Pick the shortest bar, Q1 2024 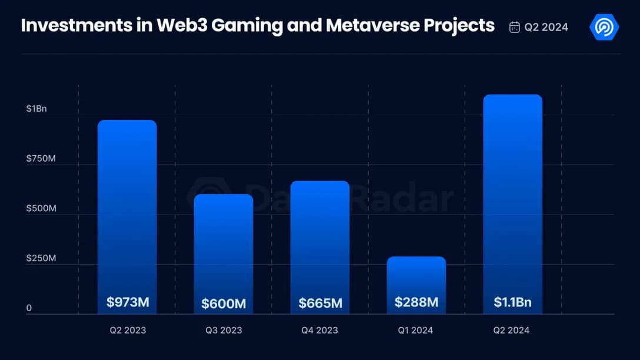tap(416, 276)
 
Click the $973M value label tap(128, 302)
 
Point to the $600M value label tap(224, 304)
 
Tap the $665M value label tap(320, 304)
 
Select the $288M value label tap(416, 302)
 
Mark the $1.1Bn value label tap(512, 302)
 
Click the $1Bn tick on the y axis tap(36, 109)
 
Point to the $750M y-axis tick tap(41, 159)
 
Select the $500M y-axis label tap(41, 209)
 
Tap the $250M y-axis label tap(41, 258)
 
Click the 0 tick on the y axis tap(29, 308)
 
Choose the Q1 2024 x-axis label tap(415, 330)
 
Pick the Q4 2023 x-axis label tap(319, 330)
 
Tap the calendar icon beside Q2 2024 tap(514, 27)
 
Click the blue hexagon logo tap(604, 27)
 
